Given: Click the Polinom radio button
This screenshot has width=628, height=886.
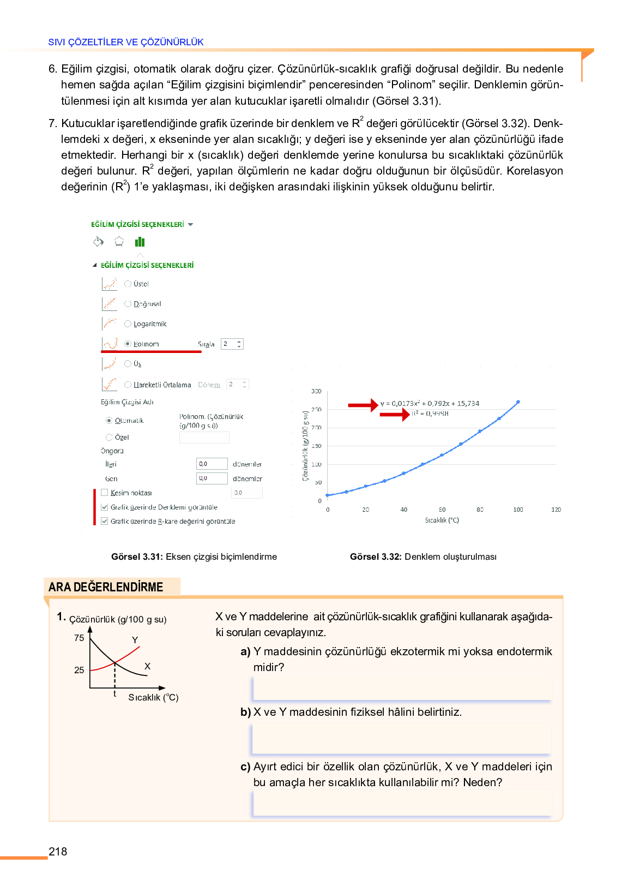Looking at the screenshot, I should click(x=128, y=344).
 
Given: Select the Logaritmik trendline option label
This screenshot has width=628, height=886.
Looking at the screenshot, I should click(x=150, y=324).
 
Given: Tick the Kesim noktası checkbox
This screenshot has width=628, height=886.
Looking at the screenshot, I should click(x=105, y=493).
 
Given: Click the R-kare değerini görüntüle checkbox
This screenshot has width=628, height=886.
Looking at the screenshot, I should click(x=105, y=521).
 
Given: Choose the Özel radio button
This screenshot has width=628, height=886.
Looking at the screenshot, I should click(x=109, y=437).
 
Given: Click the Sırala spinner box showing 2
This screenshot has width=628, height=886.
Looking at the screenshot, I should click(x=232, y=344).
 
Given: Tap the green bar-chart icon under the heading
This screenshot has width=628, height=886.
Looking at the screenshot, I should click(x=140, y=242).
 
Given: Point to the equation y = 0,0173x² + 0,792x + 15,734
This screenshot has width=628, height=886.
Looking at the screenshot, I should click(x=430, y=404).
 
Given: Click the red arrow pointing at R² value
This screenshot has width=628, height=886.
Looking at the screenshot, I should click(x=394, y=415).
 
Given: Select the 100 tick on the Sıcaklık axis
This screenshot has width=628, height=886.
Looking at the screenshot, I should click(x=518, y=510).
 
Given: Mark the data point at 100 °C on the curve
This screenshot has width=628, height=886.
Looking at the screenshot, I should click(x=518, y=402).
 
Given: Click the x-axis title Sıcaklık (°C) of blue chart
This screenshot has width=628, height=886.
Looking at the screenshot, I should click(x=442, y=520).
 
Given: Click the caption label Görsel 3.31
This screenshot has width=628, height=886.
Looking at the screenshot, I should click(x=137, y=557).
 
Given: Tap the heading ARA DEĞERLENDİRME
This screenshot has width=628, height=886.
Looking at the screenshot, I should click(x=106, y=587).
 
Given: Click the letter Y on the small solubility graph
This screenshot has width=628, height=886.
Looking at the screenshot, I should click(x=135, y=640).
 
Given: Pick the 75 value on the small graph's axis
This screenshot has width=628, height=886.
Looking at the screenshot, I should click(x=79, y=638).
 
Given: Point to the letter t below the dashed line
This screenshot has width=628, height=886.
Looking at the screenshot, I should click(x=114, y=694).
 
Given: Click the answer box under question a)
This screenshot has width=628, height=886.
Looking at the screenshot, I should click(x=402, y=688).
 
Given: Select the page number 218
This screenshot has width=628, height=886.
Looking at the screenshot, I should click(x=58, y=852).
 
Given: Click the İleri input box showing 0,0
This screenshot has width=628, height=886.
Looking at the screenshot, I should click(x=212, y=464).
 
